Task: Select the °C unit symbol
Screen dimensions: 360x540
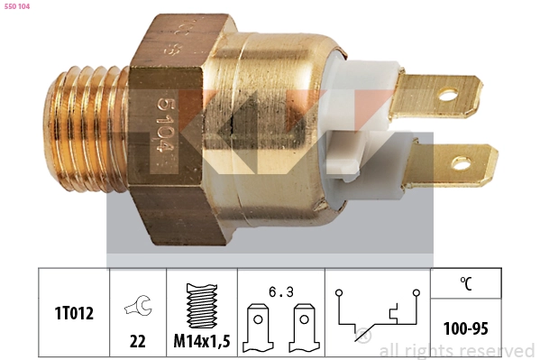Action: pos(466,284)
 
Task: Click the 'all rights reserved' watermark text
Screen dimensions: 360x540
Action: pos(456,350)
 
